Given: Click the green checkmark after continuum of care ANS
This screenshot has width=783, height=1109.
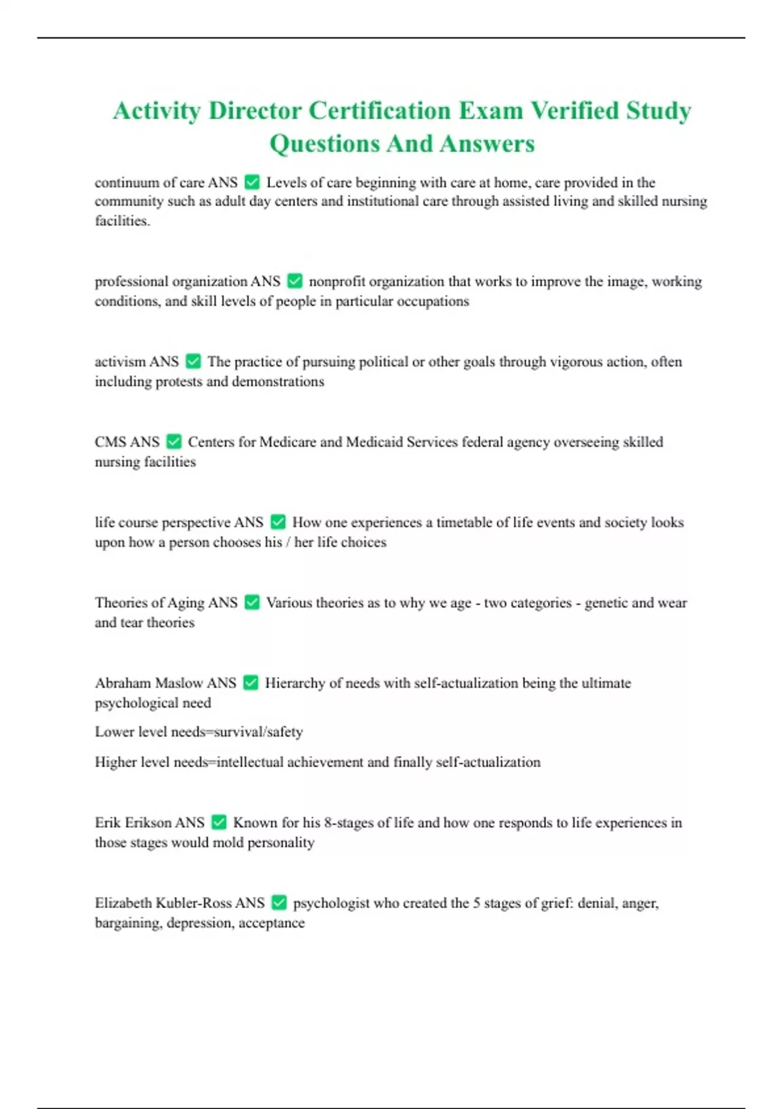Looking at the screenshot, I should [x=252, y=183].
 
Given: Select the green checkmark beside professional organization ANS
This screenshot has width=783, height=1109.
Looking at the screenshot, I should [x=295, y=281].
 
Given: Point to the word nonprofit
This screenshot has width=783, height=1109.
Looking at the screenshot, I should [x=337, y=282].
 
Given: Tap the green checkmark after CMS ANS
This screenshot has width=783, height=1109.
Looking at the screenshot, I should [x=174, y=442].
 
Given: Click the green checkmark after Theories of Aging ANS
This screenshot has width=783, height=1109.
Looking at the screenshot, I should [x=252, y=603].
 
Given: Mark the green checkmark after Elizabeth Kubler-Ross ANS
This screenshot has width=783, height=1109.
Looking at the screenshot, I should [x=279, y=903].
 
